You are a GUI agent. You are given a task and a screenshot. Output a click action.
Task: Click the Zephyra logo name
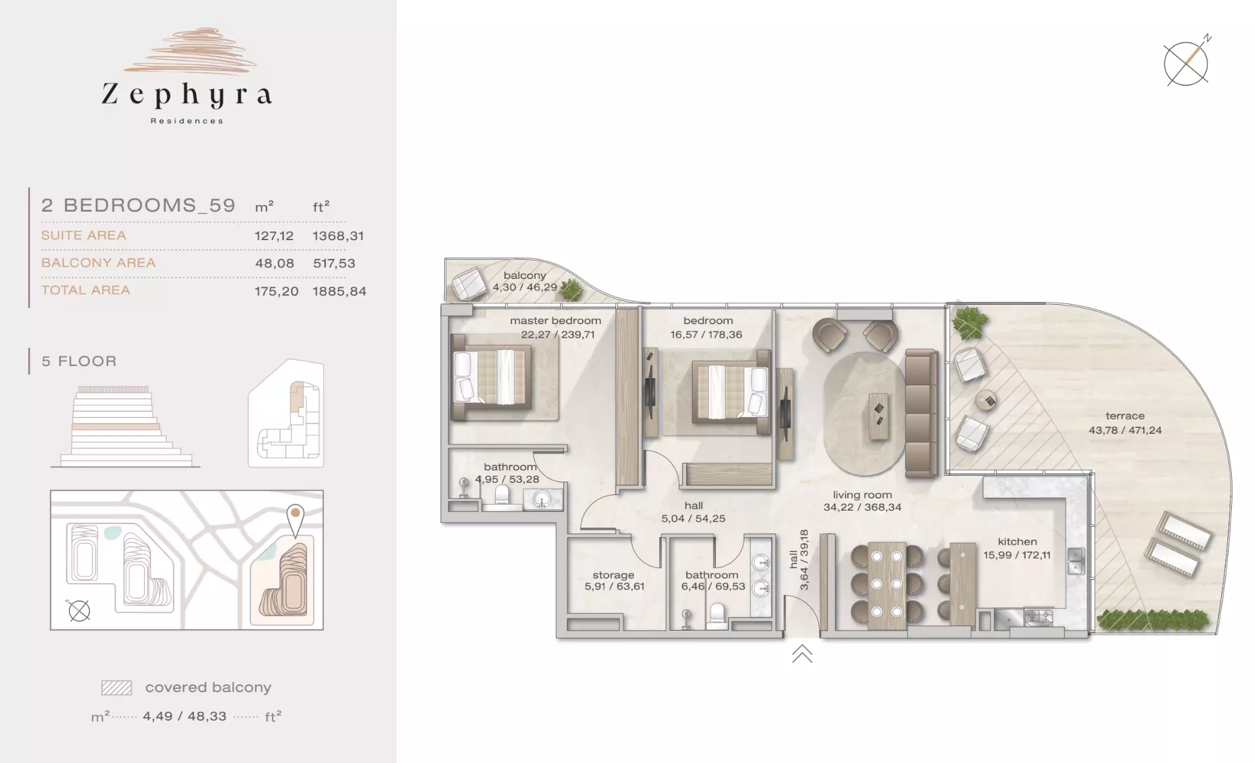tap(187, 96)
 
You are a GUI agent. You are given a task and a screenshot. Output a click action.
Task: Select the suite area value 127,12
tap(274, 236)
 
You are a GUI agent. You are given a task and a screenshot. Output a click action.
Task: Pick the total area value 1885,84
tap(340, 291)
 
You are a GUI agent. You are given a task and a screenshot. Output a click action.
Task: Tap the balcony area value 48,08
tap(274, 263)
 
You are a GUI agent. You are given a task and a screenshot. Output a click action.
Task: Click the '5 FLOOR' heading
tap(79, 361)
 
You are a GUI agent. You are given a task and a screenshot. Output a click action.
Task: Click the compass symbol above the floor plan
tap(1187, 63)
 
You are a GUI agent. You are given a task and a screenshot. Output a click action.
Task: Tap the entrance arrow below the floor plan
tap(802, 653)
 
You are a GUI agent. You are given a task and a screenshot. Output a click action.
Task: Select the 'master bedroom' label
tap(555, 320)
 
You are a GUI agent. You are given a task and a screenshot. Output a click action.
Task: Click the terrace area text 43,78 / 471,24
tap(1125, 430)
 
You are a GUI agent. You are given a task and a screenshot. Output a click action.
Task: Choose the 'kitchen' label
tap(1017, 542)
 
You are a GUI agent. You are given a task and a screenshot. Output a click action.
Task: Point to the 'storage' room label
tap(613, 575)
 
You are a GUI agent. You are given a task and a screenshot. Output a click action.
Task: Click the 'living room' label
tap(862, 495)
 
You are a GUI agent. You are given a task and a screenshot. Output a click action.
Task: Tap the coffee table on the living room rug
tap(879, 417)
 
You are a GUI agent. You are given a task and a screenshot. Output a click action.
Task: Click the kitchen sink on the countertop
tap(1076, 561)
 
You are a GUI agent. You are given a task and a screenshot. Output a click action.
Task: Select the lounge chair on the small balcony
tap(469, 283)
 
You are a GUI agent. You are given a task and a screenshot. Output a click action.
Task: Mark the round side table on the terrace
tap(985, 400)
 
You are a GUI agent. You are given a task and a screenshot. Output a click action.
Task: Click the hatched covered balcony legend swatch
tap(116, 687)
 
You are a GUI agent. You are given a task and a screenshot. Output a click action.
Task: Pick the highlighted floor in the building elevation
tap(116, 427)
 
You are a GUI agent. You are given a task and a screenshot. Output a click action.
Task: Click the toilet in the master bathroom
tap(502, 495)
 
